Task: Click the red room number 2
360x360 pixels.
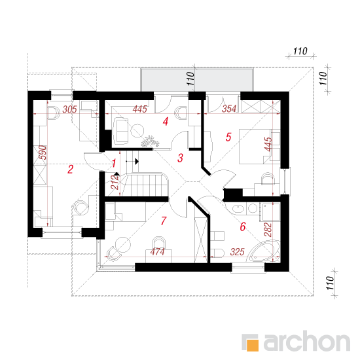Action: point(70,170)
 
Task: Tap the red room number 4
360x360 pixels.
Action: point(166,122)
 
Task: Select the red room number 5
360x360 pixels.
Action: point(228,137)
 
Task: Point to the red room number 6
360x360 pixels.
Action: point(243,226)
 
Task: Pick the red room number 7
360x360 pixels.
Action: point(164,221)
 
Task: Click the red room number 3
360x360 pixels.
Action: point(180,158)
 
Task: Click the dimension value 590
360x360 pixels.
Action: point(43,153)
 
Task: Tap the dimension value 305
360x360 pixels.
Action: point(70,109)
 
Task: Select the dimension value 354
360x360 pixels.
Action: point(229,109)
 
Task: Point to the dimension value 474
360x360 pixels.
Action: point(158,252)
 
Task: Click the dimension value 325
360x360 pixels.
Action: point(238,252)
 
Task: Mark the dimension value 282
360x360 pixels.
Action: point(268,230)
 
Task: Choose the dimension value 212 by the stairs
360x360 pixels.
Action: point(115,183)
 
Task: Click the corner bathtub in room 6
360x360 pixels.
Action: point(264,251)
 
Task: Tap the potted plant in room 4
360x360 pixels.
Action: point(150,141)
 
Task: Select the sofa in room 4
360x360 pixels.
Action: point(120,131)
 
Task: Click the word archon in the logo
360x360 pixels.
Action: point(307,342)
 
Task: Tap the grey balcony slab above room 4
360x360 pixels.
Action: point(197,80)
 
